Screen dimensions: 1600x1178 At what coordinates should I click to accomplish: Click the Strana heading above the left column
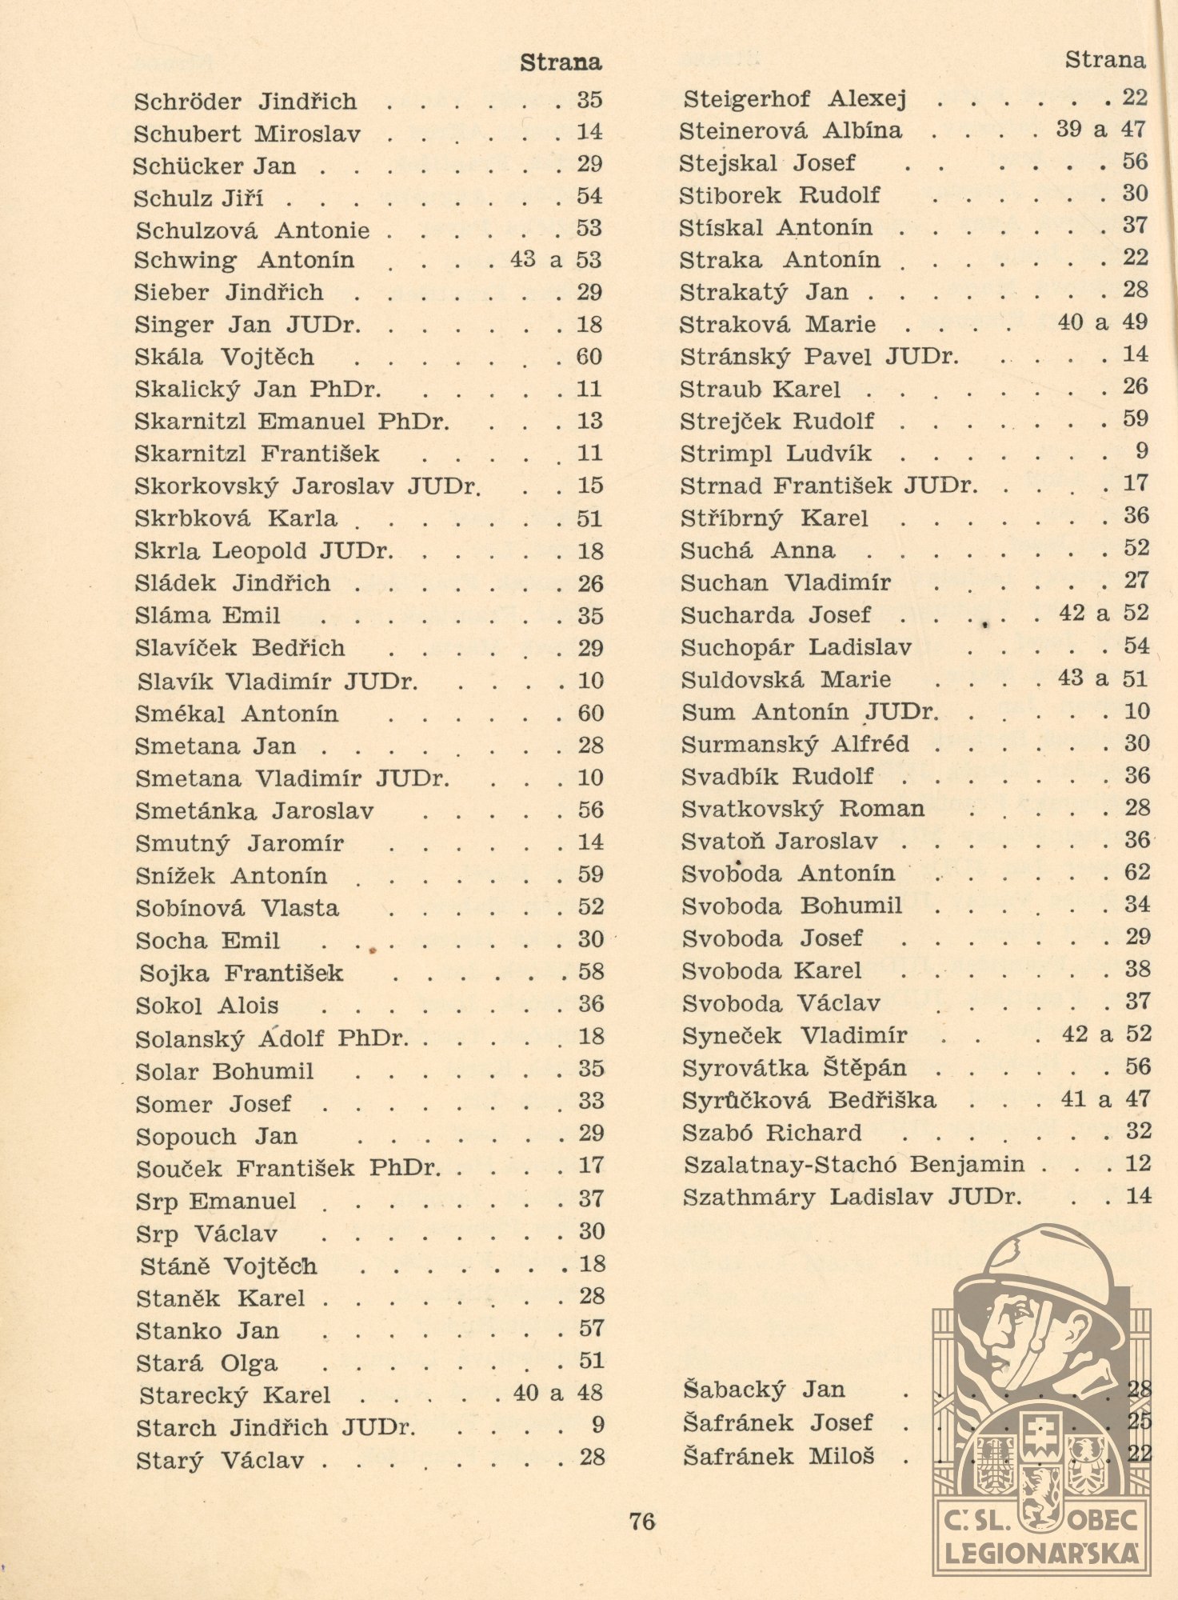coord(560,62)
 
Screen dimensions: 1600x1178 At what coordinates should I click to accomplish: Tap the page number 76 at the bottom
coord(642,1521)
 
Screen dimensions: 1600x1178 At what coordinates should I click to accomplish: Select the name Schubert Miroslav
coord(247,134)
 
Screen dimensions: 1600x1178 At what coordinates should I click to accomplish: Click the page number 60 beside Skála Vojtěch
coord(589,357)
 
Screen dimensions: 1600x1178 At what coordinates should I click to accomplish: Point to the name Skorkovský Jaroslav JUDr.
coord(308,486)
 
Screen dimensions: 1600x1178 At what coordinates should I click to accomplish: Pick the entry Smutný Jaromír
coord(239,843)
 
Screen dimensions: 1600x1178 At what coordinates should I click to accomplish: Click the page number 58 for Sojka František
coord(591,972)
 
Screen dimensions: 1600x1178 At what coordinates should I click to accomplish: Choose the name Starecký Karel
coord(234,1395)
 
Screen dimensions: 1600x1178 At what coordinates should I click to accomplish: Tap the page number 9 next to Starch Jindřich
coord(597,1425)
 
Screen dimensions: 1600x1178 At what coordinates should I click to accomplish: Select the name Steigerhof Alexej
coord(795,99)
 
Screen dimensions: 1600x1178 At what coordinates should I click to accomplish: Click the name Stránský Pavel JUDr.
coord(819,356)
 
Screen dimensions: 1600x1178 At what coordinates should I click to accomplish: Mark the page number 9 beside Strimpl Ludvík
coord(1141,451)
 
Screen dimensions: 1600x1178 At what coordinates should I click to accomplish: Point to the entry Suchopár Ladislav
coord(796,647)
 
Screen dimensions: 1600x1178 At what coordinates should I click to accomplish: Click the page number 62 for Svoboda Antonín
coord(1137,872)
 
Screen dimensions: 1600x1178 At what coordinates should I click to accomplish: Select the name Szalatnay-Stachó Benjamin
coord(853,1164)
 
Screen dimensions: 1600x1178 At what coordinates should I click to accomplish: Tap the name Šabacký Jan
coord(764,1390)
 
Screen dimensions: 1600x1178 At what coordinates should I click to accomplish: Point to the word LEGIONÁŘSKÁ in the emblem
coord(1041,1554)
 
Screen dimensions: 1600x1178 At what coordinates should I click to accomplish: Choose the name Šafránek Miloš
coord(778,1456)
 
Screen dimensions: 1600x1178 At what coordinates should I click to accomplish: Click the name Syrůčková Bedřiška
coord(809,1100)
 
